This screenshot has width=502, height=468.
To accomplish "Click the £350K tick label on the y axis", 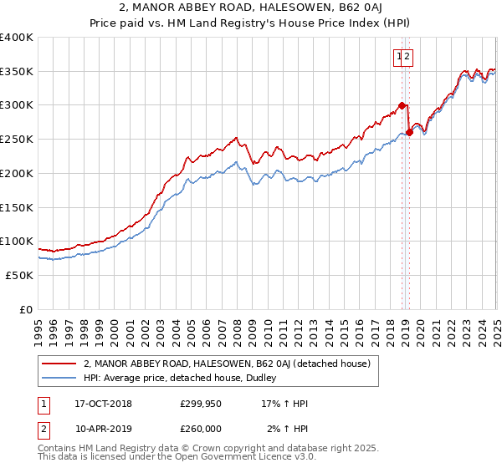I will pos(17,72).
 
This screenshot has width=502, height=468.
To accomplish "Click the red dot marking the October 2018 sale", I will pos(402,105).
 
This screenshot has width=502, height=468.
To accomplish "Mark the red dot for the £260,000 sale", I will pos(410,132).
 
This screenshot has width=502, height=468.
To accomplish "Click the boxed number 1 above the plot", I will pos(400,57).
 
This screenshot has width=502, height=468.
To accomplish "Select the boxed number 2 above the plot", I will pos(407,57).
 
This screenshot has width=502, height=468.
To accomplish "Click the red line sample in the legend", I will pos(59,364).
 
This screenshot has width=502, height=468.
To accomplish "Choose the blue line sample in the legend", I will pos(59,379).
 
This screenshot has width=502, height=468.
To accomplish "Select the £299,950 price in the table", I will pos(201,404).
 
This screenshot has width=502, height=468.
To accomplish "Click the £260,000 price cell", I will pos(201,429).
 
